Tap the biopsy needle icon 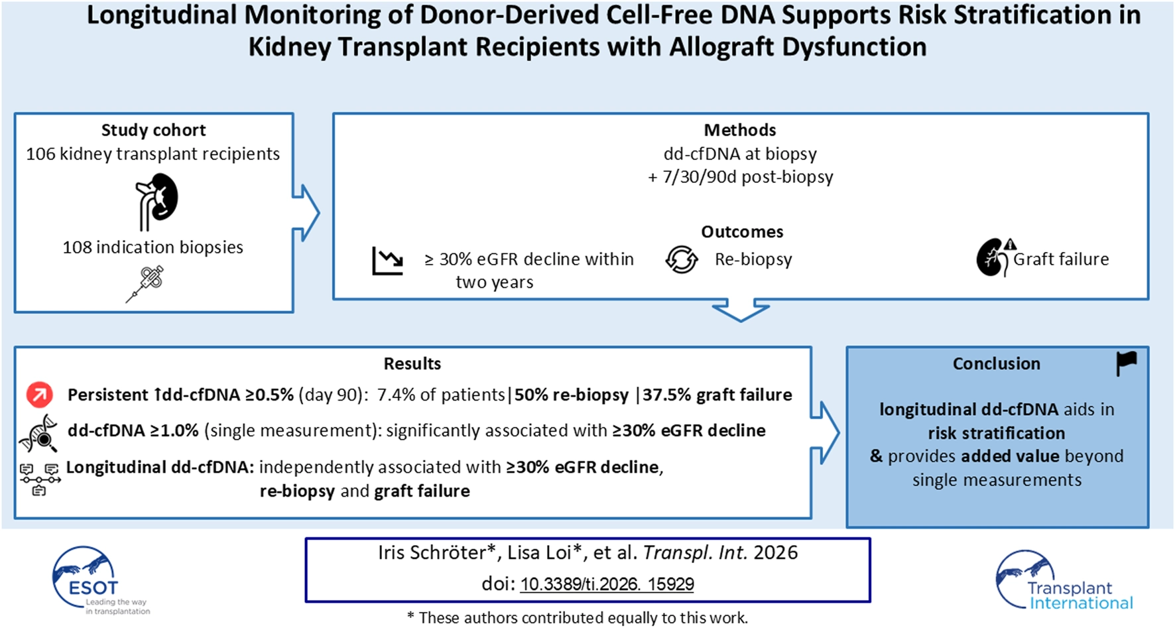click(146, 284)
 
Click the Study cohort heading click(153, 130)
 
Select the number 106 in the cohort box click(40, 154)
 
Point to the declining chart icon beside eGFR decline click(388, 261)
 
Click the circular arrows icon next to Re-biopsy click(682, 259)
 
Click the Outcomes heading click(741, 232)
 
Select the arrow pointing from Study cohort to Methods click(306, 213)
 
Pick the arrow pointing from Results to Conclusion click(824, 432)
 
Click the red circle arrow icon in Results click(39, 395)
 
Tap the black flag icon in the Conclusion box click(1126, 363)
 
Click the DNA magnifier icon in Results click(38, 433)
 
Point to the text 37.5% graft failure click(717, 395)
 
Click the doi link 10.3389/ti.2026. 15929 click(607, 584)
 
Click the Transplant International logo click(1062, 580)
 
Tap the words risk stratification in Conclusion click(996, 433)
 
